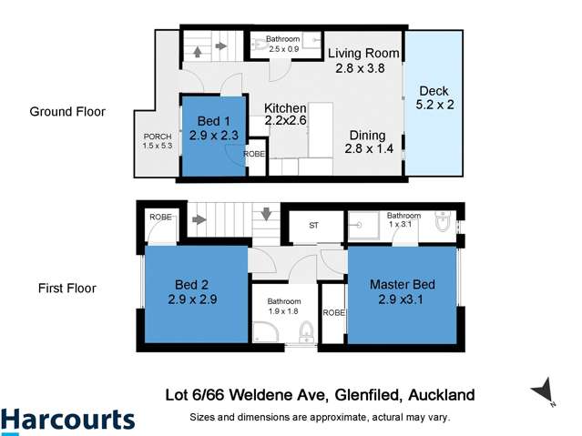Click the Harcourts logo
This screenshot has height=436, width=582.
coord(68,421)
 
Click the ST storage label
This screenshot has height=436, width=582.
coord(313,224)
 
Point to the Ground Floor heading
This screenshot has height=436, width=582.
coord(67,112)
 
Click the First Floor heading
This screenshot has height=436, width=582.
coord(66,289)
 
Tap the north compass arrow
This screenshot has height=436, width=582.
coord(544,390)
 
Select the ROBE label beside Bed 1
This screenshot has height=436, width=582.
coord(254,155)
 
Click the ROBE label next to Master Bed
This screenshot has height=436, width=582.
coord(333,312)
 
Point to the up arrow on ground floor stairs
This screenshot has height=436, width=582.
coord(197,54)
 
